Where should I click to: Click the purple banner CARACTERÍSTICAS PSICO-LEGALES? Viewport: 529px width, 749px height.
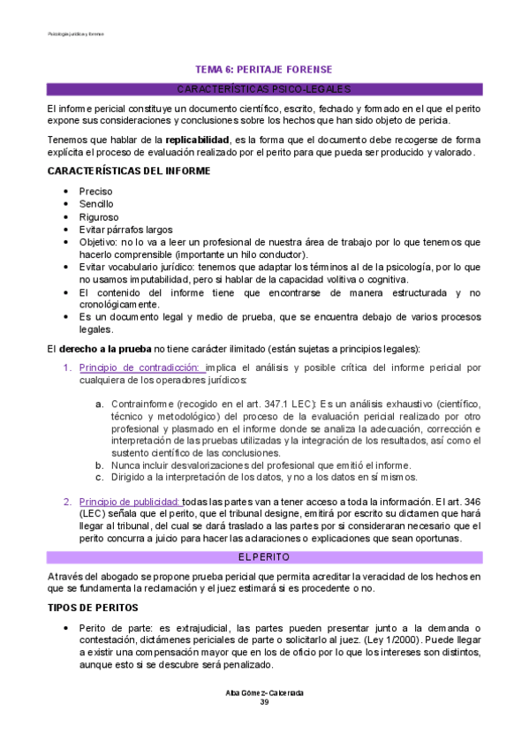(x=264, y=89)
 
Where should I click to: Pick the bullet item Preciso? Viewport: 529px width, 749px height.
(x=95, y=191)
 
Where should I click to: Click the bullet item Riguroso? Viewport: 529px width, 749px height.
(x=99, y=216)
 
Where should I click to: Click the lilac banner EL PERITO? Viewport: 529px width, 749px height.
(x=264, y=556)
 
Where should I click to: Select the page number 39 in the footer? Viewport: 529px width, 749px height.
(x=264, y=702)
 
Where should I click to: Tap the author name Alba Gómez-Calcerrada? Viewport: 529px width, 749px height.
(x=264, y=692)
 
